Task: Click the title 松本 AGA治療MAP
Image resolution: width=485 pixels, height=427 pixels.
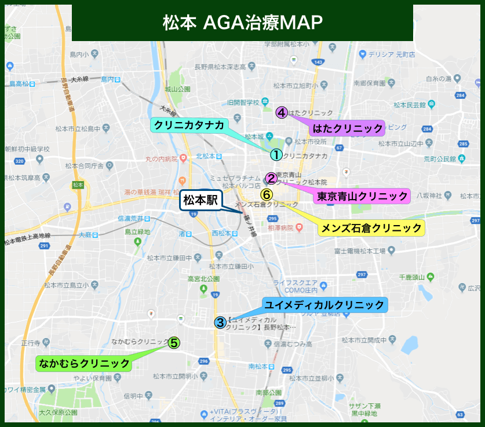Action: (242, 23)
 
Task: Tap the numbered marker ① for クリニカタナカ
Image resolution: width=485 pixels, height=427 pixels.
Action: (276, 154)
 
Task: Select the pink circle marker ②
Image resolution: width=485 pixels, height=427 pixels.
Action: (271, 178)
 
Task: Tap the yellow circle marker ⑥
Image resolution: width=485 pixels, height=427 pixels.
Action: (267, 194)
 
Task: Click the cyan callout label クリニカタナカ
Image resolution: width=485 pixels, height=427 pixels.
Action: (189, 124)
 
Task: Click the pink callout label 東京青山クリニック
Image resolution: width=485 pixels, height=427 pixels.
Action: (362, 196)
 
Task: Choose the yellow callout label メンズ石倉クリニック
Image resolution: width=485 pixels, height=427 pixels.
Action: (371, 227)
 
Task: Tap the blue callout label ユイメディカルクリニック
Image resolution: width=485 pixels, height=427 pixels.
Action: (324, 304)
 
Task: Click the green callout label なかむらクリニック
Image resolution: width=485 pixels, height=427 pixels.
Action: (84, 363)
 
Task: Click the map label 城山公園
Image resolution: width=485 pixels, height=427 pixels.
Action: (177, 89)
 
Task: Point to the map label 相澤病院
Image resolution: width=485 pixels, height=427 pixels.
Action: (282, 228)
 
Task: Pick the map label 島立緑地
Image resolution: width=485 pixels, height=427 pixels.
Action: (137, 231)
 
